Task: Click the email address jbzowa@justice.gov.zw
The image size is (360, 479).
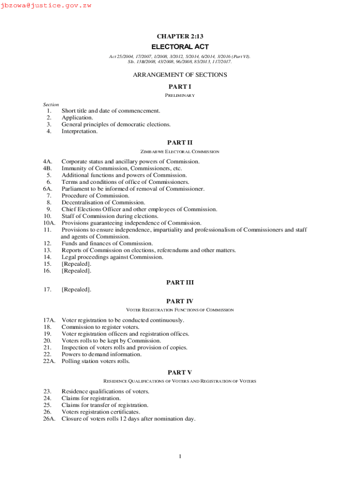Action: click(46, 6)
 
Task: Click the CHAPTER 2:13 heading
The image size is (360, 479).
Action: click(180, 36)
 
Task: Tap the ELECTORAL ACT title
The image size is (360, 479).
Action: click(180, 47)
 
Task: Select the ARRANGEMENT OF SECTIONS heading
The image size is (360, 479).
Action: click(180, 75)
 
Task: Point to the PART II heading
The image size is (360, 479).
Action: click(180, 142)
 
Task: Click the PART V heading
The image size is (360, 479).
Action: click(180, 372)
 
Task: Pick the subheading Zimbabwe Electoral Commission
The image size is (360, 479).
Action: click(180, 152)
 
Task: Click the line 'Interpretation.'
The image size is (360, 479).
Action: click(79, 131)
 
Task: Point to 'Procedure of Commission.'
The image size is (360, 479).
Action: click(95, 196)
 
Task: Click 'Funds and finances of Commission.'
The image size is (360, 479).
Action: click(107, 243)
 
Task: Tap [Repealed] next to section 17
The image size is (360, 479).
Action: click(76, 290)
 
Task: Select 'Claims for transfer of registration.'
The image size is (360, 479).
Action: click(105, 405)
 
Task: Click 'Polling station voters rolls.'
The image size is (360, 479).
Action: click(96, 361)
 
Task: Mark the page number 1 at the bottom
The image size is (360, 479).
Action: click(180, 457)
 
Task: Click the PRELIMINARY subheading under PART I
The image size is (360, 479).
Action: click(180, 95)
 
